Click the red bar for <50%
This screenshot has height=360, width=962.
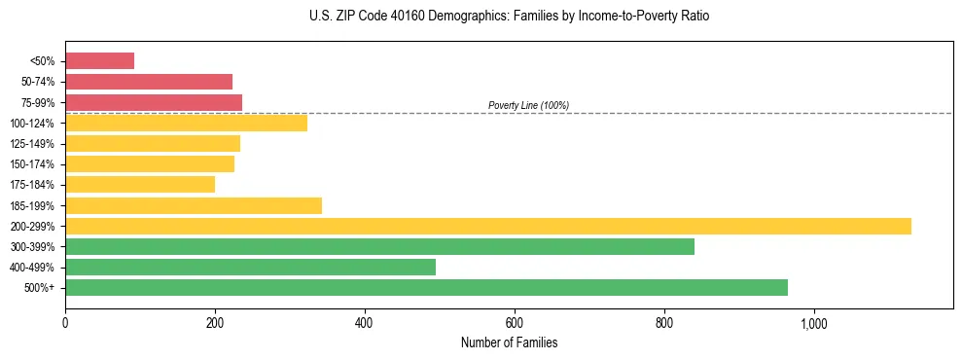click(99, 61)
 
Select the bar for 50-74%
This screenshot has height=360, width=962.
click(149, 82)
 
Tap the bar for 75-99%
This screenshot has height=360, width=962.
click(154, 102)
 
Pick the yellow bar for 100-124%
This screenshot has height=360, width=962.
click(186, 123)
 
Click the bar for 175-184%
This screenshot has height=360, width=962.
click(140, 184)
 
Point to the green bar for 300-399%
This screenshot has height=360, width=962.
click(379, 246)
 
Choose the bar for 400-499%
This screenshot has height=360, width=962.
click(250, 267)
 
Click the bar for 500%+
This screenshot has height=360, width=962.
click(426, 287)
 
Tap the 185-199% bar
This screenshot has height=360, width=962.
click(194, 205)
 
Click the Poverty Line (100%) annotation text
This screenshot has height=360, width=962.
click(528, 105)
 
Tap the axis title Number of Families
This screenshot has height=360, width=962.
click(509, 342)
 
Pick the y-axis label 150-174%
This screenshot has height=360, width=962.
click(32, 164)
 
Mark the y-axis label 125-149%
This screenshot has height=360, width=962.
click(32, 144)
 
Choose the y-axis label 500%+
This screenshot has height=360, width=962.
click(38, 288)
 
